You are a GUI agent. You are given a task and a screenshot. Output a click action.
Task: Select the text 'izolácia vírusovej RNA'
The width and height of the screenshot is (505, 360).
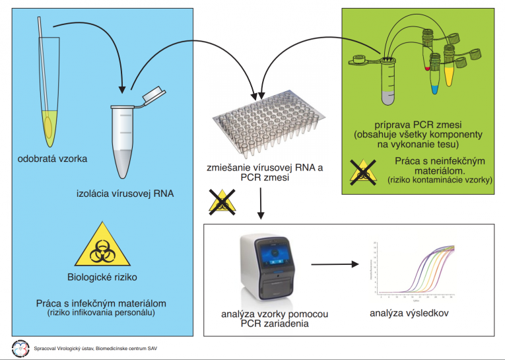coord(119,194)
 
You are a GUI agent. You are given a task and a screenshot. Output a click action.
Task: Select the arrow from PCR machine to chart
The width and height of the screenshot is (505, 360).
coord(335,266)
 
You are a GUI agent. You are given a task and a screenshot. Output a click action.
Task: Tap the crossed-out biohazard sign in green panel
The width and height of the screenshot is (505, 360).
coord(363,170)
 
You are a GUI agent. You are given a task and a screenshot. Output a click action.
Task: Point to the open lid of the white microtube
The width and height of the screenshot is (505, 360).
coord(153,94)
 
